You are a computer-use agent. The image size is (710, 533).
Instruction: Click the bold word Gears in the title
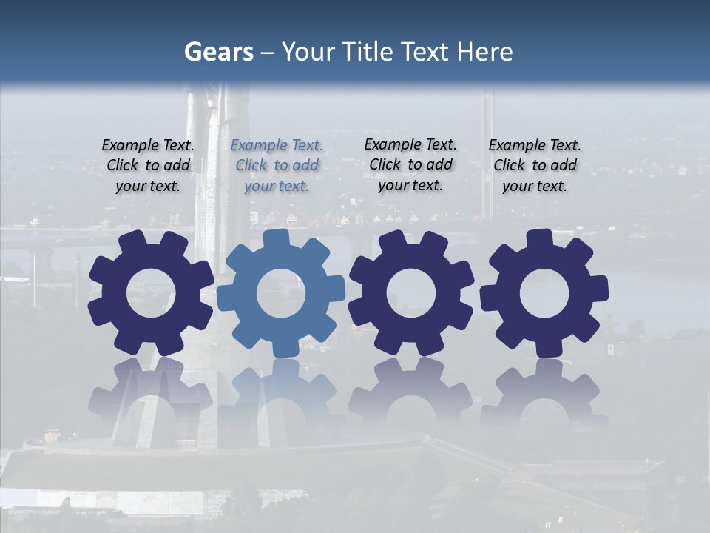coord(219,52)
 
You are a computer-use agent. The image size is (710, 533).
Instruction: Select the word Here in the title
coord(484,52)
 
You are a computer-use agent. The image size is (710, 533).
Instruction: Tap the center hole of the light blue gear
coord(281,294)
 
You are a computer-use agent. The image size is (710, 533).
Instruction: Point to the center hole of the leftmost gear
coord(150,294)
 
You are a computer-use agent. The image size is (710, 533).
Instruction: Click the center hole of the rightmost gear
coord(544,294)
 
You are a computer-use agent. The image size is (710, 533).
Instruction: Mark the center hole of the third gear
coord(410,294)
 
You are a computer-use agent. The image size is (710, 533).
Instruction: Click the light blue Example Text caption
coord(277,165)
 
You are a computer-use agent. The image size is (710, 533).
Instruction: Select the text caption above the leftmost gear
coord(148,165)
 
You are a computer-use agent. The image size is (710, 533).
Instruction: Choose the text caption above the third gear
coord(410,164)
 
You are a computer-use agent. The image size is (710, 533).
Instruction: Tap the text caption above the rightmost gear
coord(535,165)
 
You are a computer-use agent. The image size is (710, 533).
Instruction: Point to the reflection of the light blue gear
coord(281,400)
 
